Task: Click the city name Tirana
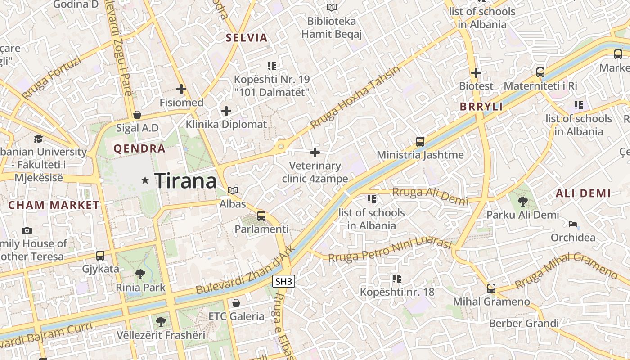tap(185, 181)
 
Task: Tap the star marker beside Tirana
tap(145, 180)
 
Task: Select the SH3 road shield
tap(284, 282)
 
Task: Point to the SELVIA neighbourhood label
tap(247, 38)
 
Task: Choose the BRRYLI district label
tap(481, 107)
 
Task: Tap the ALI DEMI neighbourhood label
tap(583, 193)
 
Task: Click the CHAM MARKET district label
tap(54, 205)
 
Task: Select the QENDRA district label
tap(139, 148)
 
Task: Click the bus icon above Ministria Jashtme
tap(420, 142)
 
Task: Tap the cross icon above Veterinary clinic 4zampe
tap(315, 153)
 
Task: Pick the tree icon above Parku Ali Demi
tap(522, 201)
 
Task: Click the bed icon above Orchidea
tap(573, 224)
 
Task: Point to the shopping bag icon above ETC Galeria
tap(236, 303)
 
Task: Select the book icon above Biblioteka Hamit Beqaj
tap(332, 7)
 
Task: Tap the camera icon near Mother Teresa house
tap(27, 230)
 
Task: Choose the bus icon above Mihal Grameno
tap(491, 288)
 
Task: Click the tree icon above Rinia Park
tap(140, 273)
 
